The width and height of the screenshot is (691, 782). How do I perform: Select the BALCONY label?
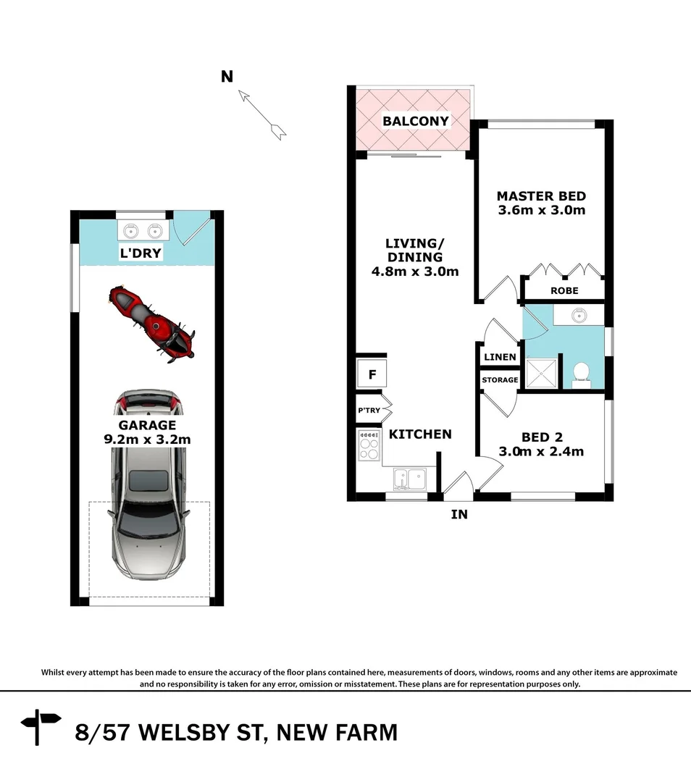click(x=416, y=121)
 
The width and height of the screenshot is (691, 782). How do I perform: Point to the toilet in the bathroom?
click(x=580, y=373)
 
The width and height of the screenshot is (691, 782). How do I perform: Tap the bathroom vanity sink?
click(x=578, y=315)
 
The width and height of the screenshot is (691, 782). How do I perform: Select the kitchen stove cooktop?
click(x=369, y=445)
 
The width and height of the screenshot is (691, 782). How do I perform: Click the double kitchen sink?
click(x=410, y=478)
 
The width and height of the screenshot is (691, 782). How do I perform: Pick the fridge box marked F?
click(x=372, y=374)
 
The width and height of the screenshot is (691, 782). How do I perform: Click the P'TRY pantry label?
click(x=369, y=411)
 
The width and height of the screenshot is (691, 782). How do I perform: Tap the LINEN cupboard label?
click(x=500, y=357)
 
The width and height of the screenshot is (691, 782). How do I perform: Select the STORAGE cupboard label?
click(x=500, y=380)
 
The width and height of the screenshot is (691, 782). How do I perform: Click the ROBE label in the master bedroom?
click(x=565, y=290)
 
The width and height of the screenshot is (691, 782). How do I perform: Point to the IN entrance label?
click(x=459, y=515)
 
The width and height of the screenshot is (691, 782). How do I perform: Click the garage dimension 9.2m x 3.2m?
click(x=147, y=439)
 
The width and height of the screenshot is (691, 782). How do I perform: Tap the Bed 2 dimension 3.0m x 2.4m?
click(x=542, y=451)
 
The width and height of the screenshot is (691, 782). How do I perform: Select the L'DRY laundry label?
click(x=141, y=253)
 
